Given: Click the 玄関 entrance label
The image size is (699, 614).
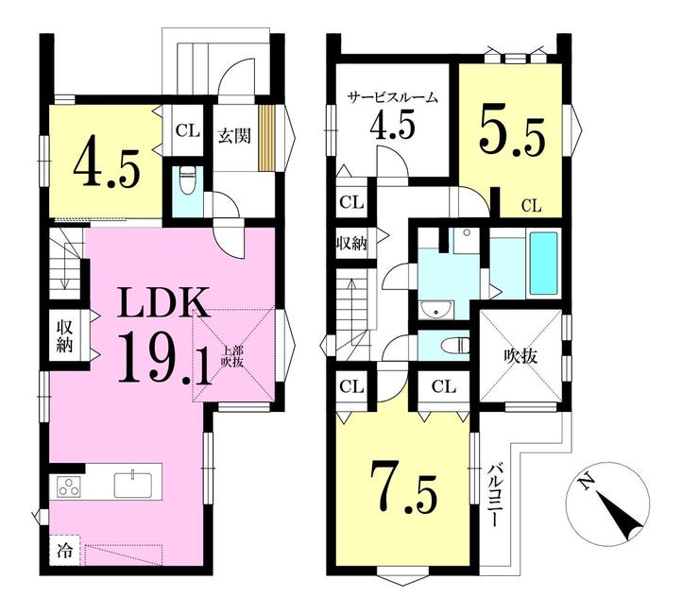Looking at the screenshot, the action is coord(234,136).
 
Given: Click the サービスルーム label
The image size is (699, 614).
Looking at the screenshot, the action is coord(393,97).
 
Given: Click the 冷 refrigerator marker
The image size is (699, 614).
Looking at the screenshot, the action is coord(64,551).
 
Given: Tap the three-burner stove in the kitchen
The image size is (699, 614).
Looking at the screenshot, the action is coord(69,486).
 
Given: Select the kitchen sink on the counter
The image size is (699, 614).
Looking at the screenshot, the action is coord(133,485).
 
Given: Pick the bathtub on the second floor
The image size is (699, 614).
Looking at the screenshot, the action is coord(542,264).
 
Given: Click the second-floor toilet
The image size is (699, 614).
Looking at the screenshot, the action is coord(454,345).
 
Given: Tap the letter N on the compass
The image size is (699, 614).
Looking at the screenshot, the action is coord(584,481).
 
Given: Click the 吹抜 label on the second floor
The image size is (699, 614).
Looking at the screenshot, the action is coord(520,357).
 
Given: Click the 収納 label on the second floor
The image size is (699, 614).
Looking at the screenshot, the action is coord(351,244).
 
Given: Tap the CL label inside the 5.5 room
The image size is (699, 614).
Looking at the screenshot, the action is coord(532,206).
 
